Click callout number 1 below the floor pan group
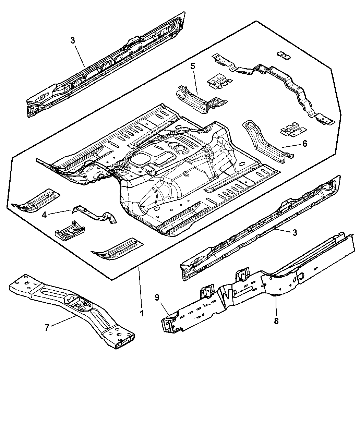142,313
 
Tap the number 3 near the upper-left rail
73,40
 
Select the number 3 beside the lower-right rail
295,233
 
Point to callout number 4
45,215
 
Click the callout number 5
193,66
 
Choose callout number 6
304,144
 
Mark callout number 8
276,321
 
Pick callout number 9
157,297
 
